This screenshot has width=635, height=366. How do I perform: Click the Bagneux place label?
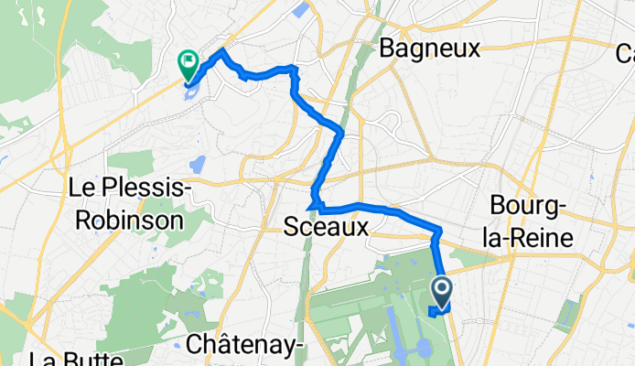coord(429,48)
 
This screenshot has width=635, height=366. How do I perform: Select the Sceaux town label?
coord(326,227)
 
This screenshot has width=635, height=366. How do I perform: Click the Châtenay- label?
coord(245,345)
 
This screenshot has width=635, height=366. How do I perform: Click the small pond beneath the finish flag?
coord(190,92)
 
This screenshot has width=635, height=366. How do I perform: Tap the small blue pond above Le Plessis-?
coord(197,165)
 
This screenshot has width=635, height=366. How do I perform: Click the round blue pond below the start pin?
coord(425,348)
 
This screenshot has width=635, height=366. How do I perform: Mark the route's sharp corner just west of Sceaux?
coord(313,202)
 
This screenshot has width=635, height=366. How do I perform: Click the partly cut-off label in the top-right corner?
coord(625,56)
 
